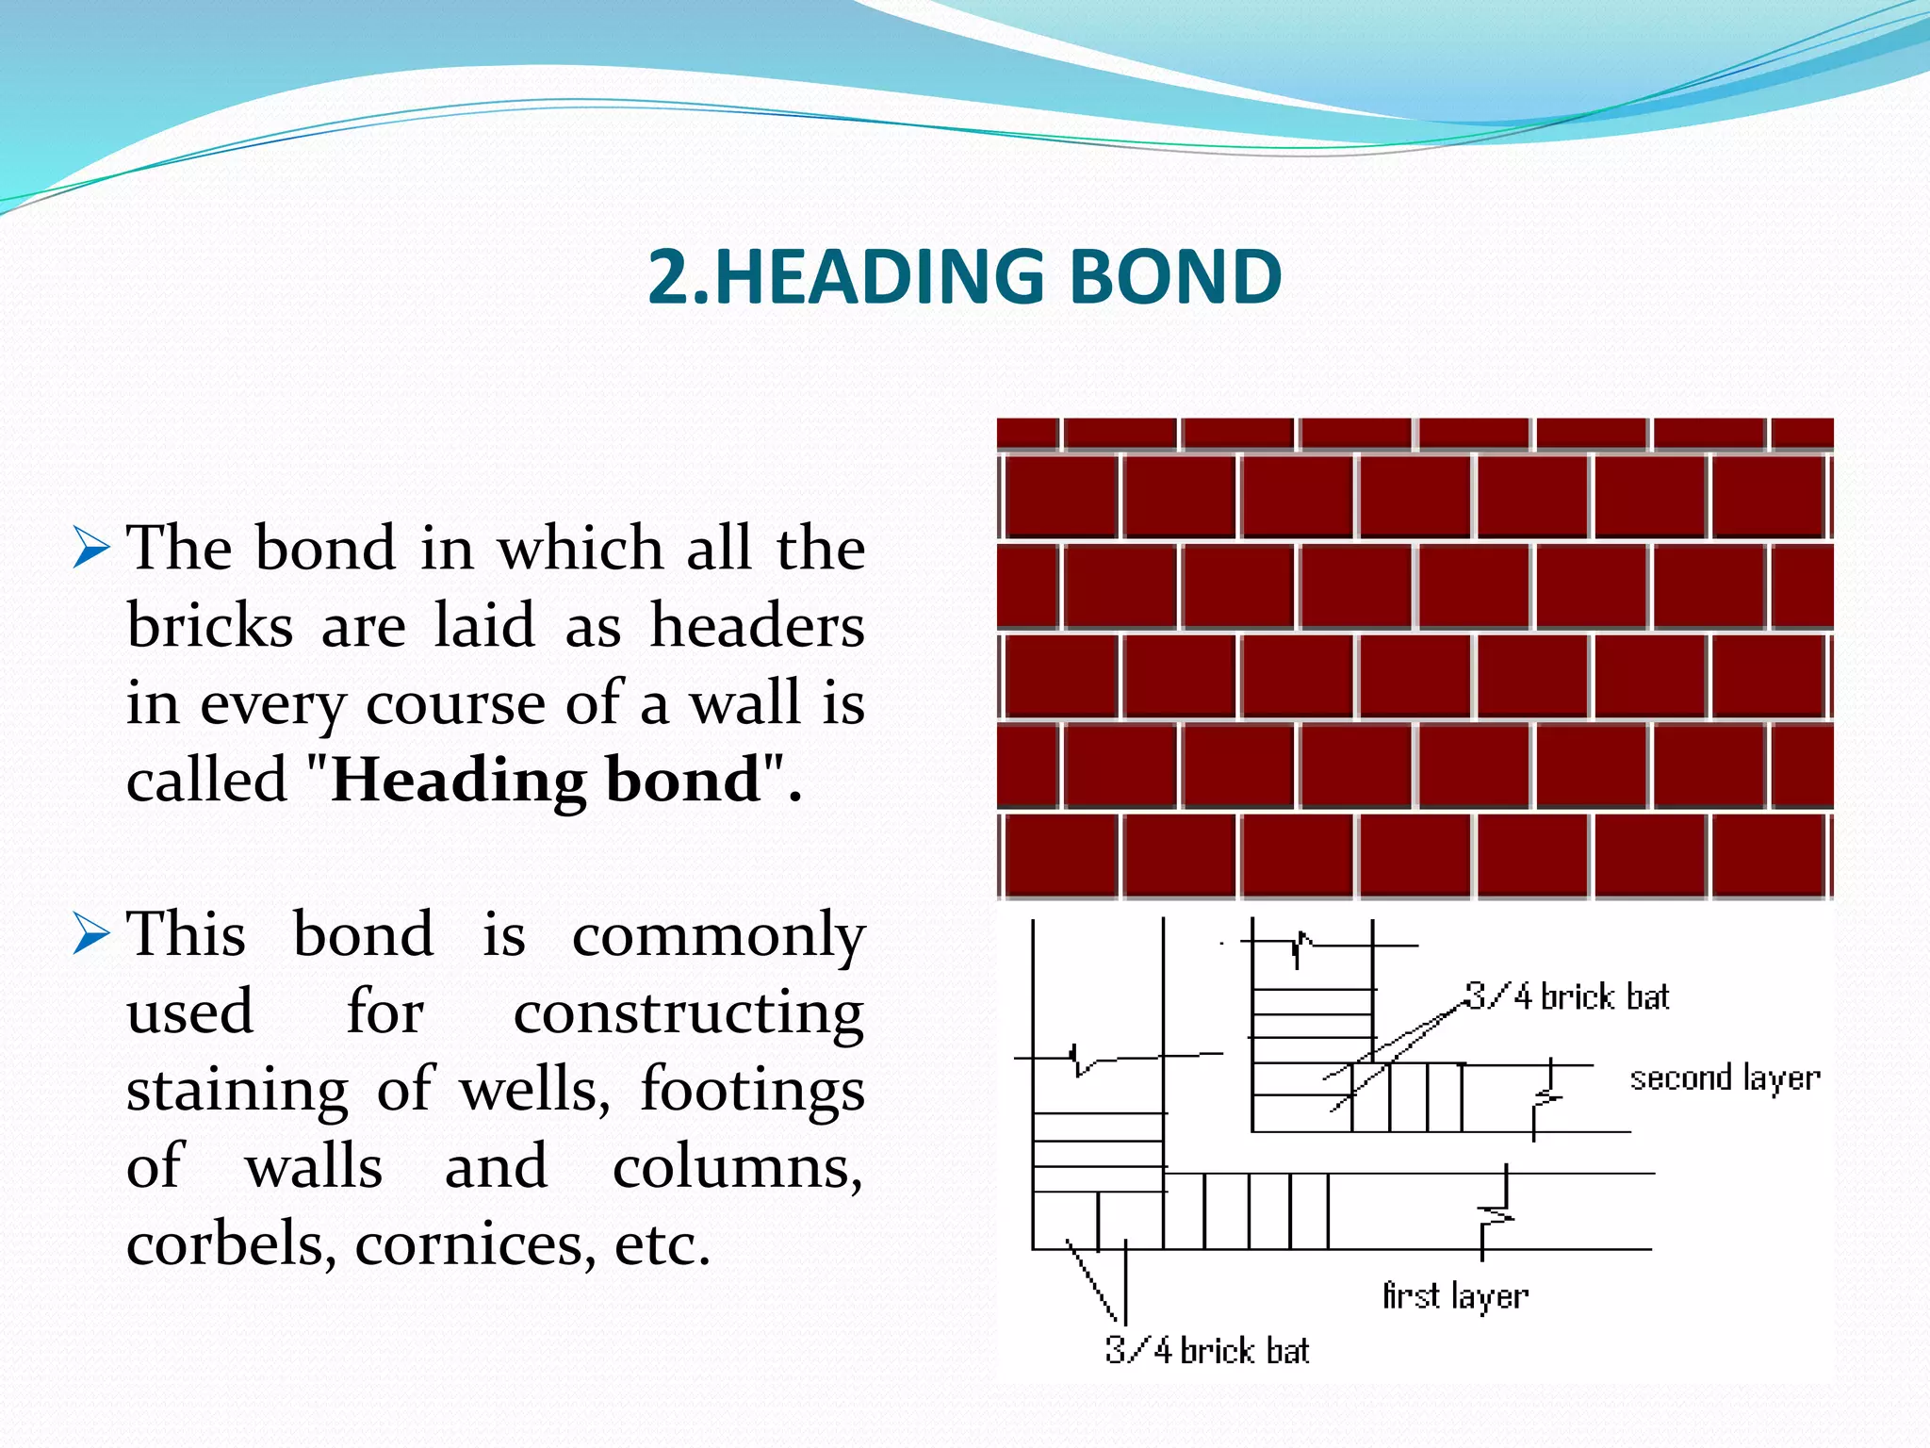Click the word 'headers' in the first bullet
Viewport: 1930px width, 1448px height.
click(x=757, y=626)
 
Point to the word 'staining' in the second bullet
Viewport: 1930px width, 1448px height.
click(x=237, y=1091)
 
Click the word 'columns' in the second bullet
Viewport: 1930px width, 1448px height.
click(x=737, y=1167)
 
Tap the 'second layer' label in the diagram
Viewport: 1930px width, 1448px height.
click(x=1725, y=1078)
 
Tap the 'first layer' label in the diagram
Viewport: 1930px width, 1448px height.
click(x=1455, y=1296)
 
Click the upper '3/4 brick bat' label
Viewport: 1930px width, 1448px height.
click(x=1567, y=996)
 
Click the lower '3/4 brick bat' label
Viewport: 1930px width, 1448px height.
click(x=1207, y=1351)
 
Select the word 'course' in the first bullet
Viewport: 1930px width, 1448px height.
click(x=455, y=704)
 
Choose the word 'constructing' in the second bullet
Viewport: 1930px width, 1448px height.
click(x=689, y=1013)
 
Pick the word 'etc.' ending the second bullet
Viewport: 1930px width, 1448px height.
click(x=662, y=1244)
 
